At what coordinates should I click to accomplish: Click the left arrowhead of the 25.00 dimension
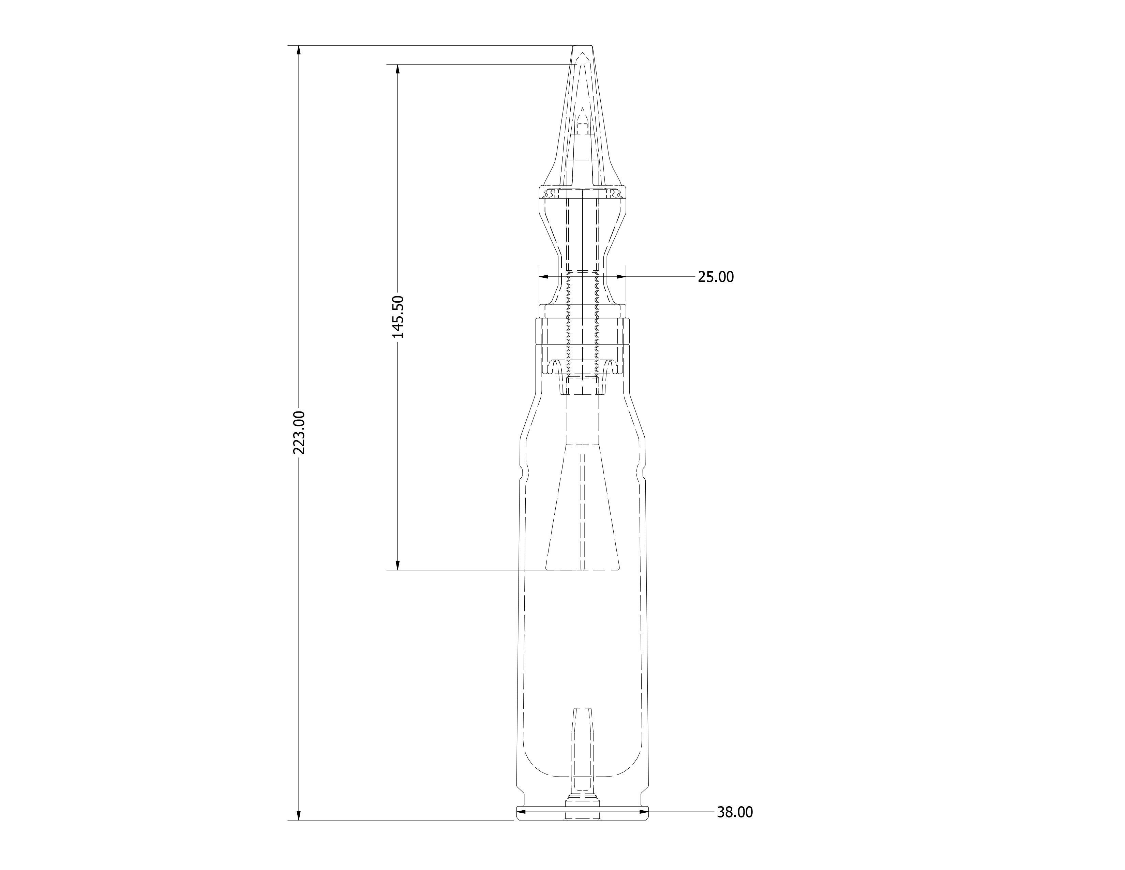543,277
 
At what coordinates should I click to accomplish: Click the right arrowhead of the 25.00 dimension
621,277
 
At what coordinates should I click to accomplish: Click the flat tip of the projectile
583,46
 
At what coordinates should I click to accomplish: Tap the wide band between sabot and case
583,331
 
